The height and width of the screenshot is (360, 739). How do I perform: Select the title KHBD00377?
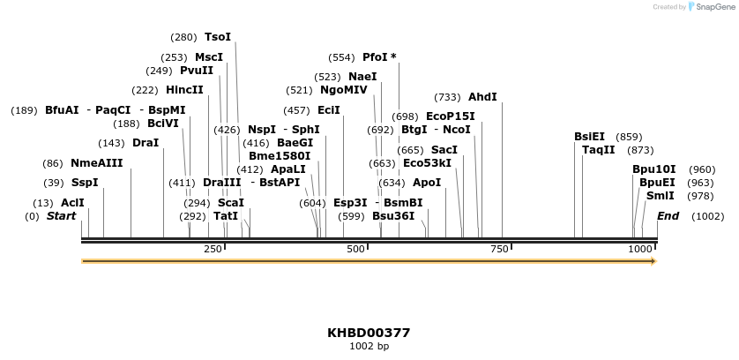pyautogui.click(x=369, y=333)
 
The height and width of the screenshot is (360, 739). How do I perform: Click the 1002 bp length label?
pyautogui.click(x=369, y=346)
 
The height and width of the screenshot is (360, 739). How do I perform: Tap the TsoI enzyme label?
pyautogui.click(x=217, y=37)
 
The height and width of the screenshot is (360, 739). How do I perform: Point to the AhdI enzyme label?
pyautogui.click(x=482, y=97)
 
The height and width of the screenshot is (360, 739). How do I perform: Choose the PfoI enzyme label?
pyautogui.click(x=379, y=57)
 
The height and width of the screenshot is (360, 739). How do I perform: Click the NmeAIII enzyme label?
pyautogui.click(x=96, y=163)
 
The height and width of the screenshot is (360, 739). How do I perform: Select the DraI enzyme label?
pyautogui.click(x=146, y=143)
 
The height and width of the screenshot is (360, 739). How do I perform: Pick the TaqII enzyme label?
pyautogui.click(x=598, y=150)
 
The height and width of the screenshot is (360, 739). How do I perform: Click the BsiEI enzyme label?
pyautogui.click(x=589, y=137)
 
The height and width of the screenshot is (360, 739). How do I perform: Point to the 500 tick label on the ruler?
pyautogui.click(x=356, y=250)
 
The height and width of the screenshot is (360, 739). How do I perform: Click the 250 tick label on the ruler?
pyautogui.click(x=213, y=250)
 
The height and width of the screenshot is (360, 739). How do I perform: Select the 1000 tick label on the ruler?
pyautogui.click(x=640, y=250)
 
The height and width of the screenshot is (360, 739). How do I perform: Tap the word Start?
pyautogui.click(x=61, y=216)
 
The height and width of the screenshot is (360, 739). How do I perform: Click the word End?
pyautogui.click(x=668, y=216)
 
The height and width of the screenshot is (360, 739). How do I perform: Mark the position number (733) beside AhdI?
pyautogui.click(x=448, y=97)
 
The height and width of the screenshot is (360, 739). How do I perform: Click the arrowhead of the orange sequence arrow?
pyautogui.click(x=653, y=261)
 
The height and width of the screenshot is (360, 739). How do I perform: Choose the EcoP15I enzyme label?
pyautogui.click(x=450, y=116)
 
